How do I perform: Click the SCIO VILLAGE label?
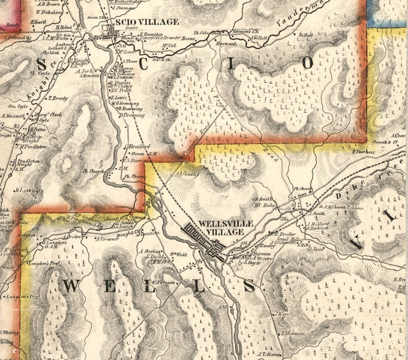[x=147, y=22]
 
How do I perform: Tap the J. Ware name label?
[x=282, y=313]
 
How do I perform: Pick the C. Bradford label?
[x=138, y=146]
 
